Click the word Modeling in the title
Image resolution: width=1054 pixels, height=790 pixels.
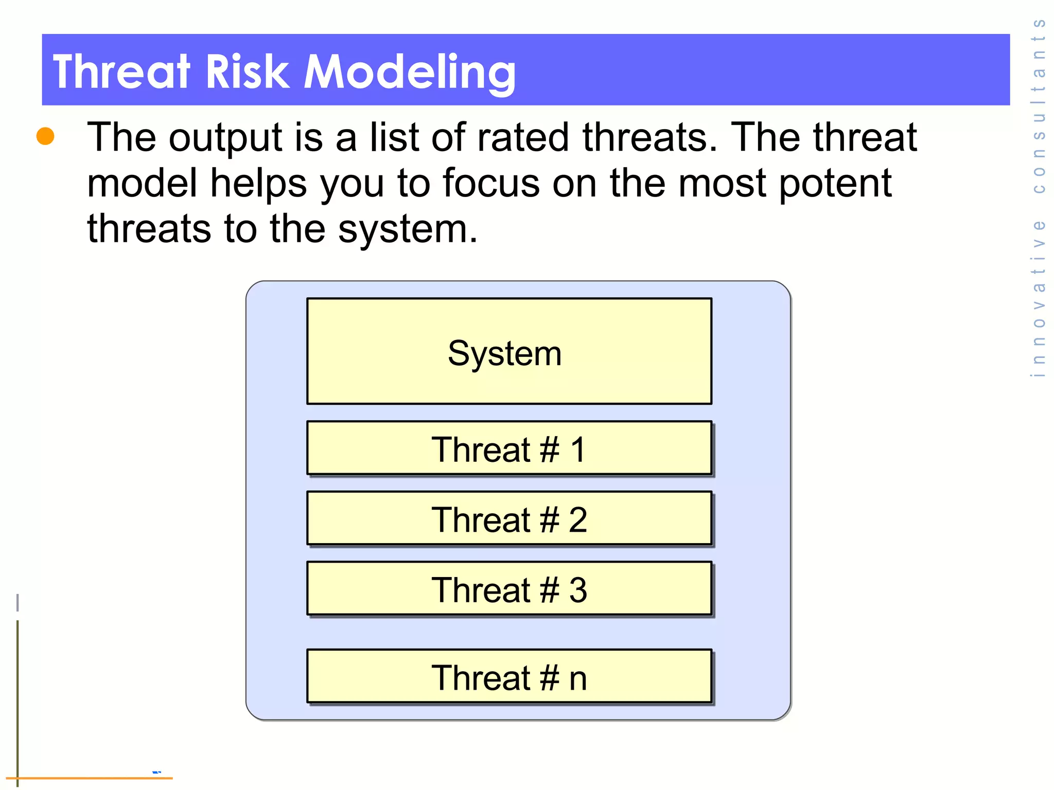409,72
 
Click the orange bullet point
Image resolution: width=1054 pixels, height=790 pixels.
45,136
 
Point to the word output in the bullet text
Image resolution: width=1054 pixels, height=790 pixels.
225,138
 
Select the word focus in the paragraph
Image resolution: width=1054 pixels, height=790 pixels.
491,183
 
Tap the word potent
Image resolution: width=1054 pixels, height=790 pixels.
835,183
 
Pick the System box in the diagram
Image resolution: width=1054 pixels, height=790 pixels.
509,351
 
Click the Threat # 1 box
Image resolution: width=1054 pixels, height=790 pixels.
509,448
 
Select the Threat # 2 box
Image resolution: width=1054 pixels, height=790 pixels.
509,518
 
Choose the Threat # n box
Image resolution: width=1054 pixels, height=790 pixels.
509,676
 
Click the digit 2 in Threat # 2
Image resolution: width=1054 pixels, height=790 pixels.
577,519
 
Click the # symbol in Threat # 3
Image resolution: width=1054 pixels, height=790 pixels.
549,590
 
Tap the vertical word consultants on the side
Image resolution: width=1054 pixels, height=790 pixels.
1039,105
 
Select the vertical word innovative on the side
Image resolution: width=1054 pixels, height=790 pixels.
1039,298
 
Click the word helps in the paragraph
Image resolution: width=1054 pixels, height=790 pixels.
258,183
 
